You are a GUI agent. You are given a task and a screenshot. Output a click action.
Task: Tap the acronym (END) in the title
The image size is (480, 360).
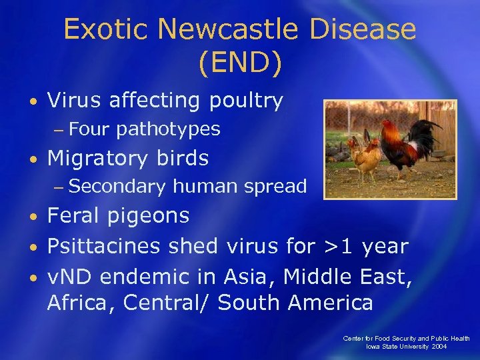pos(240,63)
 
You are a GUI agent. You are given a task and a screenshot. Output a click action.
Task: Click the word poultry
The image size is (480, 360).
pos(246,101)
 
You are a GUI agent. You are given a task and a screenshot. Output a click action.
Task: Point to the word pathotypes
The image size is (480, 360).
pos(168,129)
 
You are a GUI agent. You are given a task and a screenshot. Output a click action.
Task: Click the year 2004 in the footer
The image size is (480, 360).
pos(438,346)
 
